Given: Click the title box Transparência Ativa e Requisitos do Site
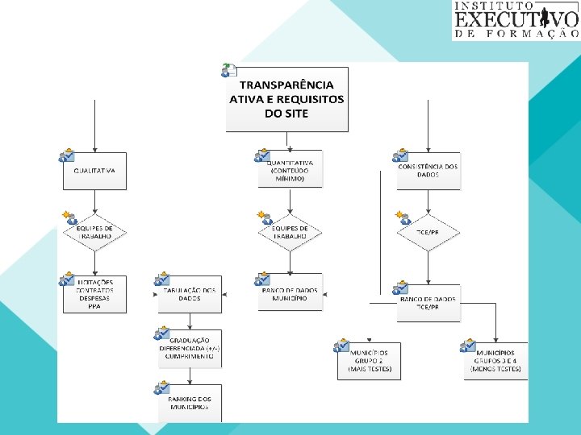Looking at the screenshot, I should [x=287, y=98].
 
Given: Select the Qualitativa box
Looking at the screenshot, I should [x=95, y=171].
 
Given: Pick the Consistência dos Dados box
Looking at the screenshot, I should [x=428, y=171].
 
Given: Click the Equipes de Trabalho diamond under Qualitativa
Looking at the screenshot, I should [x=95, y=233].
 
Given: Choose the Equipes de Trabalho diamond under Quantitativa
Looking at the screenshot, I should [x=290, y=233].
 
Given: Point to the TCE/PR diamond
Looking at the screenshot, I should [x=428, y=233].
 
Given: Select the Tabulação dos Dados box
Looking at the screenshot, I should [x=190, y=295].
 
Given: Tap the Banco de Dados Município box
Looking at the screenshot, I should [x=290, y=294].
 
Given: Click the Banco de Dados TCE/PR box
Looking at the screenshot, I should [x=428, y=303].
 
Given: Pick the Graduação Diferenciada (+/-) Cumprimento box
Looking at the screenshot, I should [x=190, y=349].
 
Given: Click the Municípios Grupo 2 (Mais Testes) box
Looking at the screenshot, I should [x=369, y=360].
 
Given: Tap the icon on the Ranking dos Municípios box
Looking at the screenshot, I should [x=161, y=390].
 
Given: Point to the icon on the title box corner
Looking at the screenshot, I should [x=229, y=70].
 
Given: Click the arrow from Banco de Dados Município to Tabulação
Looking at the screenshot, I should [x=239, y=295].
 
